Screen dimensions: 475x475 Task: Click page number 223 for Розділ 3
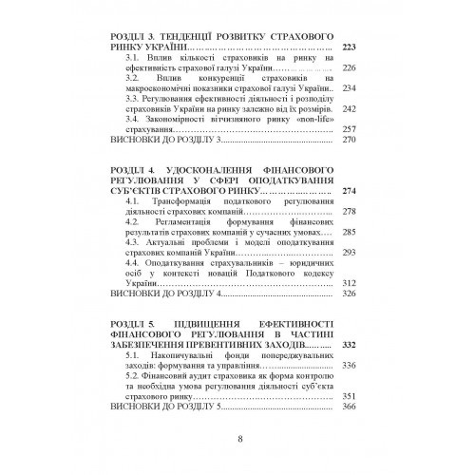point(353,47)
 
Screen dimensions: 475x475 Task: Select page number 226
point(353,67)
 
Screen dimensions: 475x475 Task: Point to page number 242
point(353,109)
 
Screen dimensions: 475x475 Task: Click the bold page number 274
point(353,191)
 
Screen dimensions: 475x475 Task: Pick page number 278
point(353,212)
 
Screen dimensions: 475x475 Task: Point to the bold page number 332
point(353,345)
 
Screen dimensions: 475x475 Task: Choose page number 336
point(353,365)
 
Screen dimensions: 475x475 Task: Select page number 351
point(353,396)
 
